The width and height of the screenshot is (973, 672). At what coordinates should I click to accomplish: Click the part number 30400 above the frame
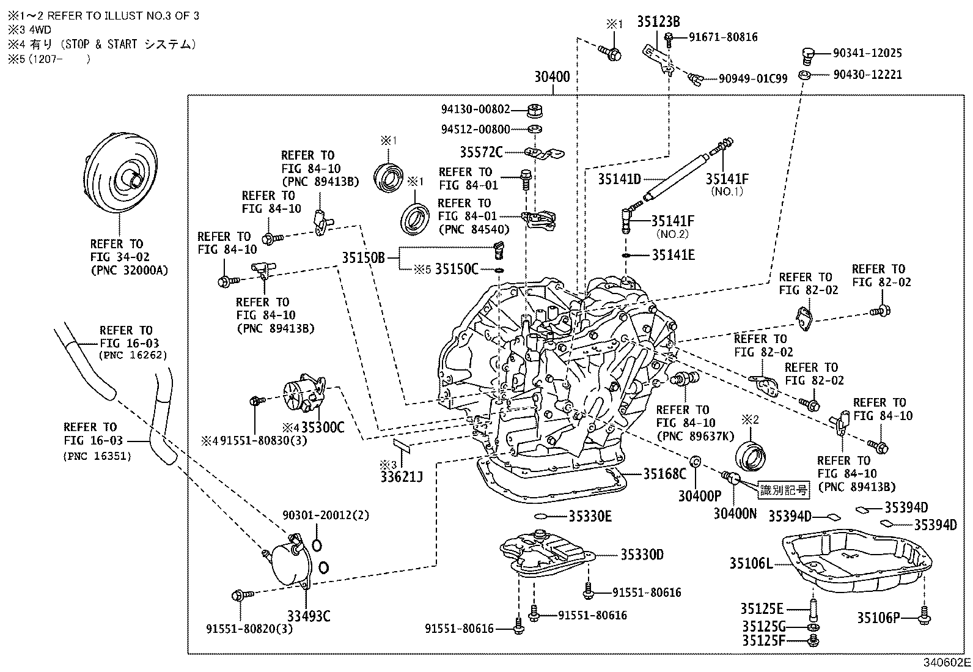pyautogui.click(x=552, y=77)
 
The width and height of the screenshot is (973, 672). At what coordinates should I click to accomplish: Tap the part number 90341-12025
pyautogui.click(x=867, y=53)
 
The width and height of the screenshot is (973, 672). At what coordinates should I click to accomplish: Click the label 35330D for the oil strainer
pyautogui.click(x=642, y=555)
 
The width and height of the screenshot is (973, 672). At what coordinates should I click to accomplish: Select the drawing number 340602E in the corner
pyautogui.click(x=947, y=663)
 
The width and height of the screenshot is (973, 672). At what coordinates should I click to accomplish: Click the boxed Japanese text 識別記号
pyautogui.click(x=784, y=490)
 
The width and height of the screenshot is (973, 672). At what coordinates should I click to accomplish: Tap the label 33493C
pyautogui.click(x=309, y=616)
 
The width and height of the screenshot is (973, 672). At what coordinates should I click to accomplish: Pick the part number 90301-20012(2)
pyautogui.click(x=326, y=515)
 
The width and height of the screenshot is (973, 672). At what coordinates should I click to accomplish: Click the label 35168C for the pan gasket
pyautogui.click(x=664, y=474)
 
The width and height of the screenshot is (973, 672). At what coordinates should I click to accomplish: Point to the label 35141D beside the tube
pyautogui.click(x=619, y=179)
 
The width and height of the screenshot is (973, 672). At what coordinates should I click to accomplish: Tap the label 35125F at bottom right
pyautogui.click(x=762, y=641)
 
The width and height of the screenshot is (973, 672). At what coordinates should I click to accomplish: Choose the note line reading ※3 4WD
pyautogui.click(x=29, y=29)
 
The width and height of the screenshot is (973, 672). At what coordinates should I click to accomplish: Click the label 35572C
pyautogui.click(x=481, y=151)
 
